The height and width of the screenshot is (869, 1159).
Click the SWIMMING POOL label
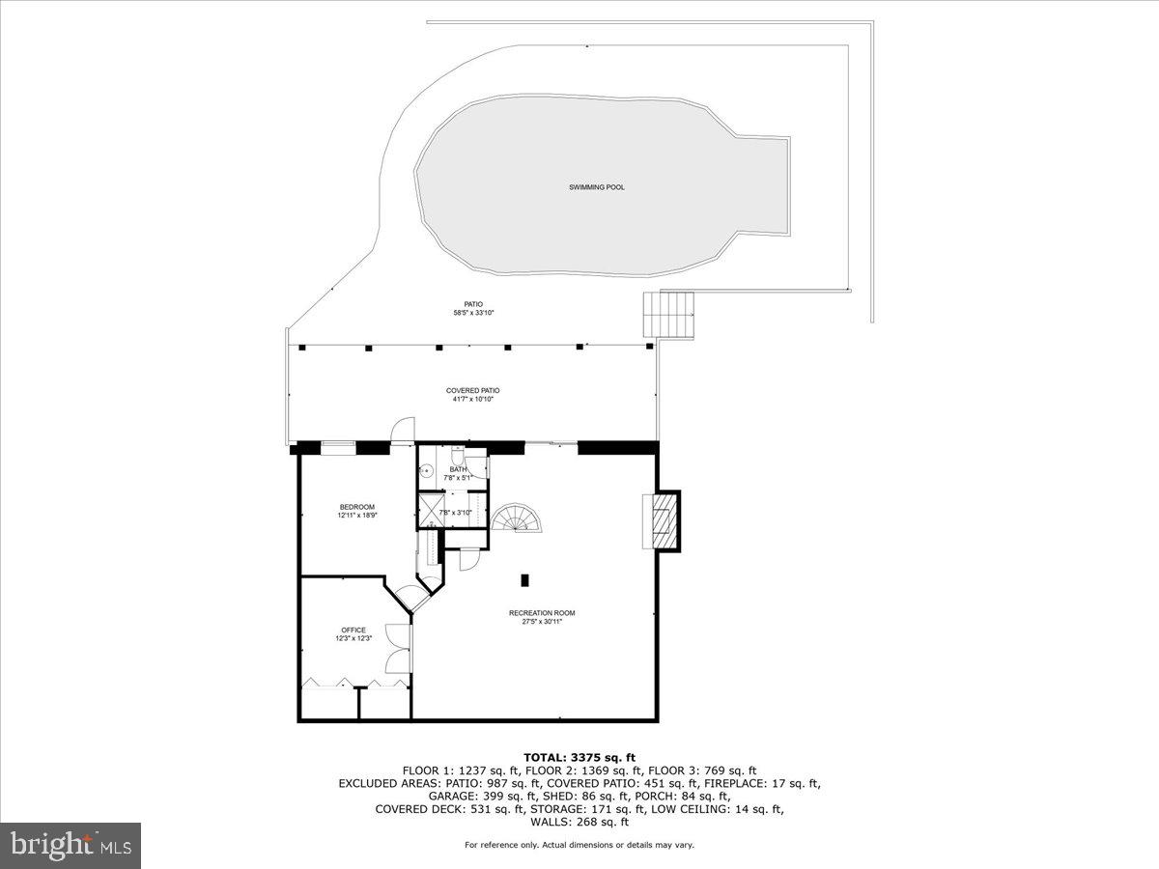596,187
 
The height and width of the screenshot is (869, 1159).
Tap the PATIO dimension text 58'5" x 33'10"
473,313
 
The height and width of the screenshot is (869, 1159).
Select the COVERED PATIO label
473,390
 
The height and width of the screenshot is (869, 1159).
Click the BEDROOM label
356,507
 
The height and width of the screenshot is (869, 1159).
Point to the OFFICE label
353,630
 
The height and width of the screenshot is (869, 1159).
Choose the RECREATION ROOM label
535,612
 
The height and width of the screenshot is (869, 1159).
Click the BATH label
458,469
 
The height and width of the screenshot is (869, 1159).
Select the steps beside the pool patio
669,316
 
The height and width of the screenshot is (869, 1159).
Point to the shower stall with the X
431,509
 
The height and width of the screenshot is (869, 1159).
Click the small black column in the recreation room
525,580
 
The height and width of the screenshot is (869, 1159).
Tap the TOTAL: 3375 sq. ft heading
579,757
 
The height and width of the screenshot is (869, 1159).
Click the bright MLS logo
71,846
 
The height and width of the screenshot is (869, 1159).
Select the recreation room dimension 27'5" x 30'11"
535,622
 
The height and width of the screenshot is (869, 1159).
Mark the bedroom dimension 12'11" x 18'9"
356,516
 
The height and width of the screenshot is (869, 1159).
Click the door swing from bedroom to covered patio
403,431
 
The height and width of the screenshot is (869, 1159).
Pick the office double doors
397,648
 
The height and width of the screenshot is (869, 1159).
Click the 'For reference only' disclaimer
579,845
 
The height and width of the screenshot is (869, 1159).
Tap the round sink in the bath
429,472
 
